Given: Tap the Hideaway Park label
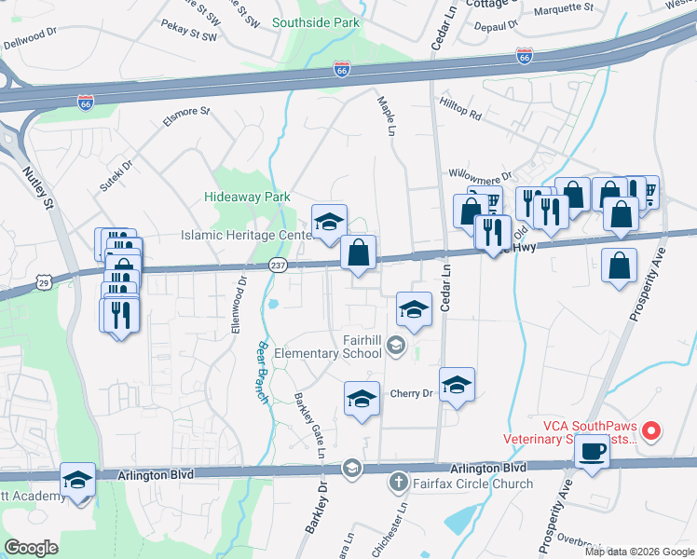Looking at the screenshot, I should [x=248, y=197].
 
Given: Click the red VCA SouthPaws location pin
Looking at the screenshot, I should [x=652, y=430].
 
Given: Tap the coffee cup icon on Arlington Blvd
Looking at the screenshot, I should [x=592, y=454].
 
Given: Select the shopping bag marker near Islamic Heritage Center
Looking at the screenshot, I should [x=358, y=252].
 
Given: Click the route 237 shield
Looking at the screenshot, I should [x=280, y=266].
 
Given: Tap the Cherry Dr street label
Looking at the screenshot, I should [x=412, y=393].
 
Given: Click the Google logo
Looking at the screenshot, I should [x=32, y=548].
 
